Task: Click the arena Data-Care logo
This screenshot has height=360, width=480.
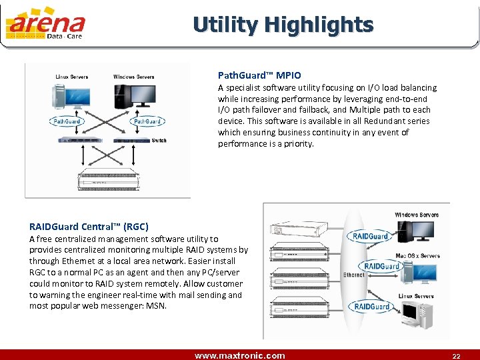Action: pos(45,24)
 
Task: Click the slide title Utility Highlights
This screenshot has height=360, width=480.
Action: pos(283,25)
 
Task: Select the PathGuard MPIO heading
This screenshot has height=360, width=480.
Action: pos(259,75)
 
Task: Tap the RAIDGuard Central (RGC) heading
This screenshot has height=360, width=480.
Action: pos(89,227)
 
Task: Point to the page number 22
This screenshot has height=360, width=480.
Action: pos(456,355)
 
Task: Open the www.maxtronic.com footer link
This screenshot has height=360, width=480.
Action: pos(239,355)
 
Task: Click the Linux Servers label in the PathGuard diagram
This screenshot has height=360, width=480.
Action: pos(71,77)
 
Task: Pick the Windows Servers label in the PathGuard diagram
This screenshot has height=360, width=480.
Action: pos(133,77)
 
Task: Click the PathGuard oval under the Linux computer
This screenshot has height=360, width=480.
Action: pos(66,121)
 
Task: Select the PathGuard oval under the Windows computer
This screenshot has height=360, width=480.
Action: pos(147,121)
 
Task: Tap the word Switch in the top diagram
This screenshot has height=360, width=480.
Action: pos(159,141)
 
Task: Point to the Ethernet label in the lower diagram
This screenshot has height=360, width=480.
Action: pos(353,275)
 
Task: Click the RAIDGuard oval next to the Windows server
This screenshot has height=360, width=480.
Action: pos(370,236)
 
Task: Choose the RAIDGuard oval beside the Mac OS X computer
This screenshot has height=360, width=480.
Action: pos(381,266)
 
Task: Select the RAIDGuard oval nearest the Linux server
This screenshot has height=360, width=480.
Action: pos(372,307)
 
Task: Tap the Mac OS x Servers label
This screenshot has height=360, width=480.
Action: pos(418,256)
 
